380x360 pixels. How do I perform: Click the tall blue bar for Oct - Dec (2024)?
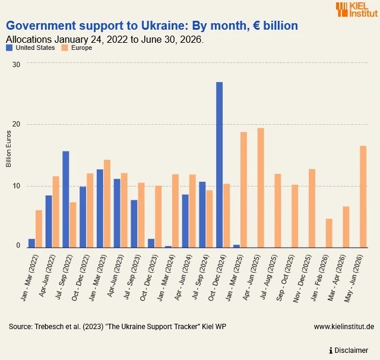coord(219,165)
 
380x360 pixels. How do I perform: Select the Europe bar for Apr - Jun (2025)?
coord(261,188)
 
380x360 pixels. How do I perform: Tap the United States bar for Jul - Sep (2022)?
coord(66,199)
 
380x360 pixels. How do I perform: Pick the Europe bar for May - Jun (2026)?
coord(363,197)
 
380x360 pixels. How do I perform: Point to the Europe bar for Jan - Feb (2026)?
coord(329,233)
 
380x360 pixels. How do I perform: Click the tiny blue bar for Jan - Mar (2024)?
coord(168,247)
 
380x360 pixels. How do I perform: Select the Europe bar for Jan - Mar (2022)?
coord(39,229)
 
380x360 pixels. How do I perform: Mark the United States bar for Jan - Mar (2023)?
coord(100,209)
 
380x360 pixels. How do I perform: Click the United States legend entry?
coord(30,48)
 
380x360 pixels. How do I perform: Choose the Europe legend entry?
coord(77,48)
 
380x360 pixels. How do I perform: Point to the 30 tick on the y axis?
coord(16,65)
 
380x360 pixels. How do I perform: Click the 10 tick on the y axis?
coord(16,186)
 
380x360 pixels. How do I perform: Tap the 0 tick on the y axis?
coord(18,245)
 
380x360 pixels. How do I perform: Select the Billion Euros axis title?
coord(8,149)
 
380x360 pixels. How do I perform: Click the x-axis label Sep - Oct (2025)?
coord(285,278)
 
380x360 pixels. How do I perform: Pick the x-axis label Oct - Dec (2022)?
coord(81,278)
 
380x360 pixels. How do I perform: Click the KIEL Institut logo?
coord(357,10)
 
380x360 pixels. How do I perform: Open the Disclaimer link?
coord(349,350)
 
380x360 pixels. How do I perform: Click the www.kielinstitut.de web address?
coord(344,327)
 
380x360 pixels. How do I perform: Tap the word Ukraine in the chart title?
coord(164,26)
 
